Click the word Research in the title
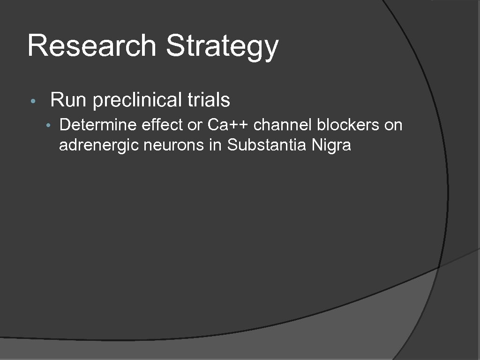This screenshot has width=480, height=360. coord(91,45)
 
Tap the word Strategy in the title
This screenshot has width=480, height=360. coord(222,46)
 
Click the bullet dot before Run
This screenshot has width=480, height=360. coord(32,102)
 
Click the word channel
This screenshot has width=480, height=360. coord(283,125)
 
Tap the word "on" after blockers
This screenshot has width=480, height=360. coord(393,126)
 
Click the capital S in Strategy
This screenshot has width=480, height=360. coord(174,45)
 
